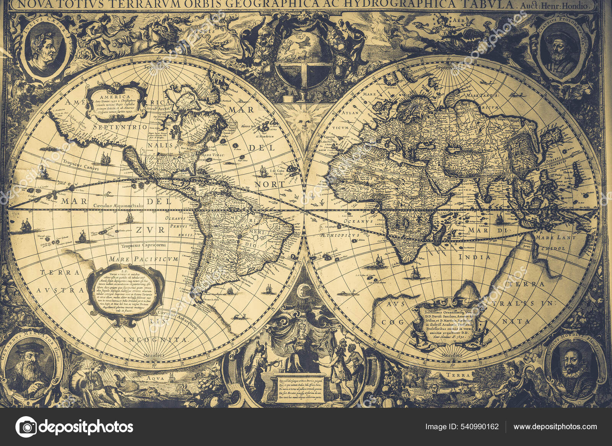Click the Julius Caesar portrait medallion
pyautogui.click(x=45, y=48)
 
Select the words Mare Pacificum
pyautogui.click(x=143, y=259)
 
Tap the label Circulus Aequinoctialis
pyautogui.click(x=118, y=206)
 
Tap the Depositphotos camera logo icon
pyautogui.click(x=26, y=427)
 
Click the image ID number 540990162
pyautogui.click(x=480, y=427)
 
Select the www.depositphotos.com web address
pyautogui.click(x=555, y=427)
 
